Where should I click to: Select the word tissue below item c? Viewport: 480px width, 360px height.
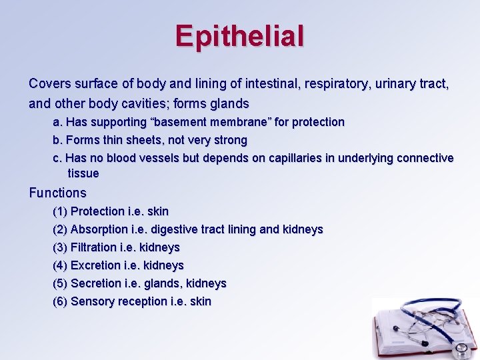[83, 174]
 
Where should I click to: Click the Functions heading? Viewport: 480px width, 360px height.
[58, 193]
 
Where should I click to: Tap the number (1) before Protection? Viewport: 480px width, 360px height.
[60, 212]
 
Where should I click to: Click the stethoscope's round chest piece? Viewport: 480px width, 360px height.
[460, 349]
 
